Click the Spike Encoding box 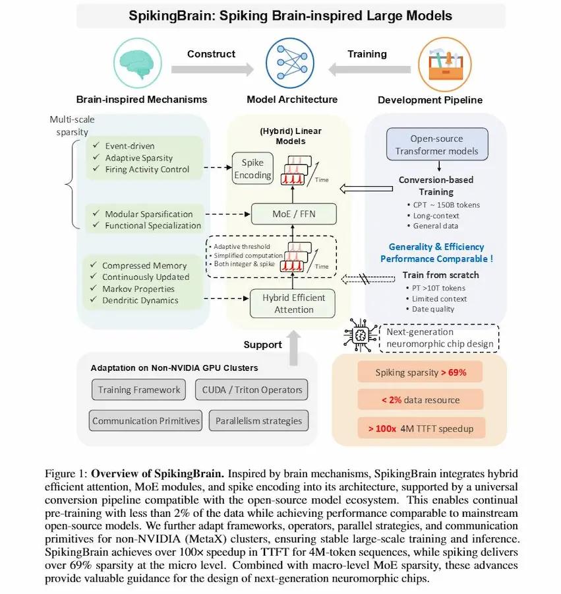click(252, 169)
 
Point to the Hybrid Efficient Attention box click(293, 304)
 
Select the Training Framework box click(139, 389)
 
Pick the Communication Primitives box click(146, 420)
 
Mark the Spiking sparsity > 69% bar click(421, 372)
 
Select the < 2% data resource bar click(421, 399)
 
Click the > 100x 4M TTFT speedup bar click(421, 428)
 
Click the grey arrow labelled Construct click(212, 68)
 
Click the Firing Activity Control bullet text click(146, 170)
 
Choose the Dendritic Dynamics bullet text click(140, 300)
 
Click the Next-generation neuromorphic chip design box click(440, 338)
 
